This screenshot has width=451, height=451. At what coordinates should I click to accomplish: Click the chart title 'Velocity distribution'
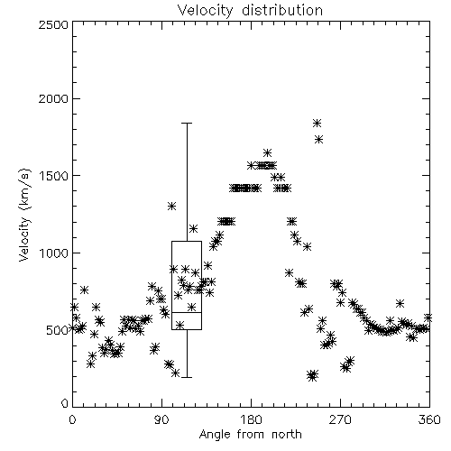click(x=250, y=10)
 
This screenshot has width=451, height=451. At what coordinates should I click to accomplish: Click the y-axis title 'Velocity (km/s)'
click(x=24, y=215)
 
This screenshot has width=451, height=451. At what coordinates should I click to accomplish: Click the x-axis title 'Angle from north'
click(x=250, y=434)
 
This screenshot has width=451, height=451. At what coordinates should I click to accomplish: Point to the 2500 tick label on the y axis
click(x=53, y=24)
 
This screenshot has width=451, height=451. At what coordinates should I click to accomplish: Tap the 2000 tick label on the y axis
click(x=53, y=98)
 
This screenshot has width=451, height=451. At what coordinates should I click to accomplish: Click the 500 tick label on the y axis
click(x=58, y=330)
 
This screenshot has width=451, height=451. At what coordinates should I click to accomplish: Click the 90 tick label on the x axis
click(x=161, y=419)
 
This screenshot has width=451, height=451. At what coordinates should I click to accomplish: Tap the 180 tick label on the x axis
click(x=251, y=419)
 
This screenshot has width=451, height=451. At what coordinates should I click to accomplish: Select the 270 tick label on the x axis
click(x=340, y=419)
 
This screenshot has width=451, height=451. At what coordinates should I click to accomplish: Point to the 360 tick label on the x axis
click(x=429, y=419)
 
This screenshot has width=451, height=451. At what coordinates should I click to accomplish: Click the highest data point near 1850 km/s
click(x=317, y=123)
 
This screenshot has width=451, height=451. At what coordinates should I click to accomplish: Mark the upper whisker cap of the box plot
click(x=187, y=123)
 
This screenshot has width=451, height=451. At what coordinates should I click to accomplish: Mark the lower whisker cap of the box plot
click(x=187, y=377)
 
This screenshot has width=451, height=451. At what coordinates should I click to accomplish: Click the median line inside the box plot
click(x=187, y=313)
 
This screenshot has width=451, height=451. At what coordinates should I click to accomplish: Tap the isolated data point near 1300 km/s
click(x=171, y=206)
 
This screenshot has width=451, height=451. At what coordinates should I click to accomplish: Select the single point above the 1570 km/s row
click(x=267, y=152)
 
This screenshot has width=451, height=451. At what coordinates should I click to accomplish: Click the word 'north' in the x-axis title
click(x=287, y=434)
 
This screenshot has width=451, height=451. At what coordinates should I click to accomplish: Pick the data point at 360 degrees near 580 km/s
click(x=428, y=318)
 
